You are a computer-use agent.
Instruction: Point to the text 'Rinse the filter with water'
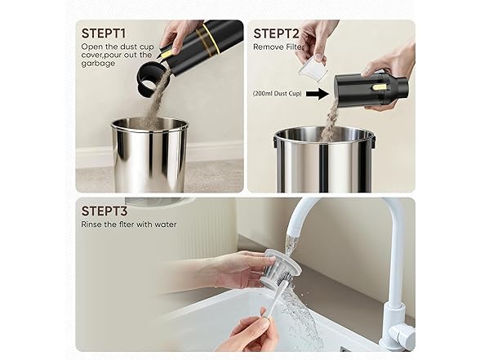pos(128,224)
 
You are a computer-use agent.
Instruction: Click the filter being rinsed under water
pos(282,269)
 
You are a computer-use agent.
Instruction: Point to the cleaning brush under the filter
pos(273,299)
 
